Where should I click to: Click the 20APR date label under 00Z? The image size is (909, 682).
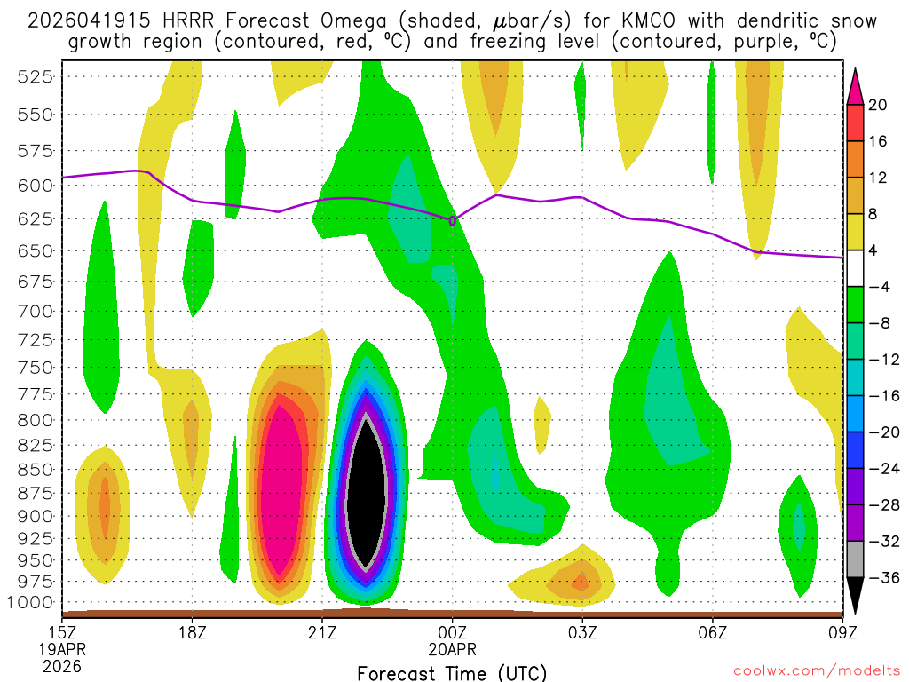click(452, 649)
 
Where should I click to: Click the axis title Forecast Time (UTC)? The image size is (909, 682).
click(452, 672)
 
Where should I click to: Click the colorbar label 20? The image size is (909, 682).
click(878, 105)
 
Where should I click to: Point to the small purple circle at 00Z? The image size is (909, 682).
click(453, 220)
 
